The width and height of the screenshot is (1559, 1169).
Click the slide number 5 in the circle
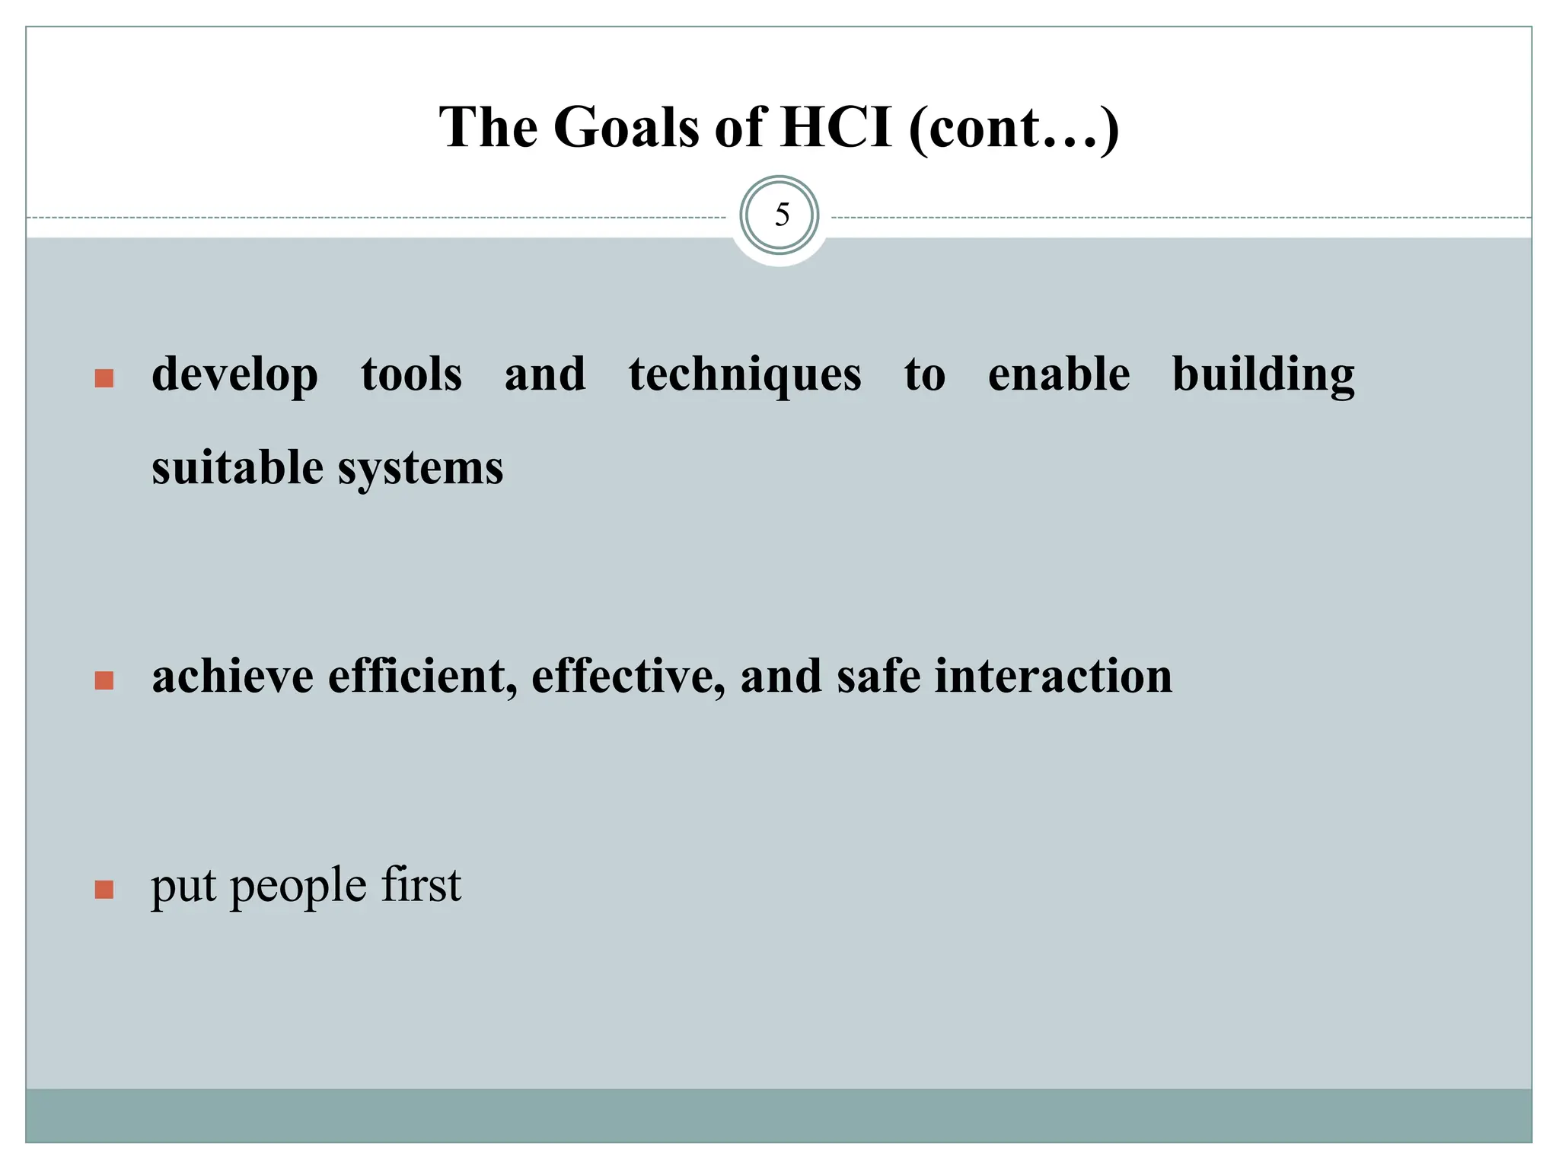(x=781, y=215)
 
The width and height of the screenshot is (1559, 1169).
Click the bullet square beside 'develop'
(x=104, y=378)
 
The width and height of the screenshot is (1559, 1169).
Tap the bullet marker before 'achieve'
(x=104, y=680)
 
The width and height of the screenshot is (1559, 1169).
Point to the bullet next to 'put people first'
(x=104, y=889)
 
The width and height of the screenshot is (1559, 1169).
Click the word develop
(x=234, y=375)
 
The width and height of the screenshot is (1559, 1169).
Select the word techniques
(x=744, y=375)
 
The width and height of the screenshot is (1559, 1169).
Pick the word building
(x=1263, y=375)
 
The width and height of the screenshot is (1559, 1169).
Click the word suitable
(x=237, y=467)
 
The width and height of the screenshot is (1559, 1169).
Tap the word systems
(x=420, y=469)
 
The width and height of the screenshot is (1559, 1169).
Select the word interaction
(x=1053, y=676)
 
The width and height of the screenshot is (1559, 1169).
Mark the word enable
(x=1058, y=375)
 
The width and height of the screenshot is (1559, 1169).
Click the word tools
(x=411, y=375)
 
